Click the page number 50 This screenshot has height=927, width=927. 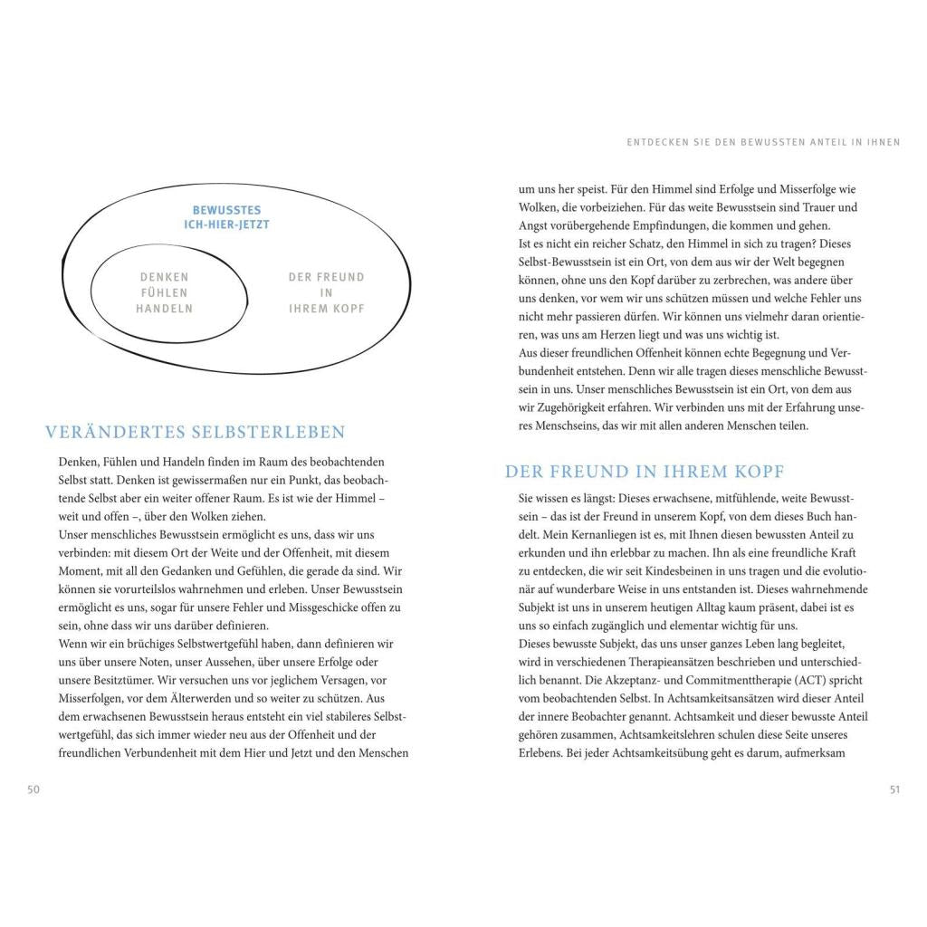pyautogui.click(x=33, y=789)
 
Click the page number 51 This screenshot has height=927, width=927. pyautogui.click(x=894, y=789)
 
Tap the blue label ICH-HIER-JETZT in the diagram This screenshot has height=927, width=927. pyautogui.click(x=226, y=225)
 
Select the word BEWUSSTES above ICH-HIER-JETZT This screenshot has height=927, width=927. pyautogui.click(x=226, y=209)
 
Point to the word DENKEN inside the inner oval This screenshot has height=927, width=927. pyautogui.click(x=164, y=277)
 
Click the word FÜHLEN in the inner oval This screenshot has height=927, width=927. pyautogui.click(x=164, y=292)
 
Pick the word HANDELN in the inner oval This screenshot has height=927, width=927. pyautogui.click(x=164, y=308)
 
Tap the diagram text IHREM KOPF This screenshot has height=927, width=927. pyautogui.click(x=326, y=308)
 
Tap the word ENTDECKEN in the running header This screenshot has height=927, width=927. pyautogui.click(x=656, y=142)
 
